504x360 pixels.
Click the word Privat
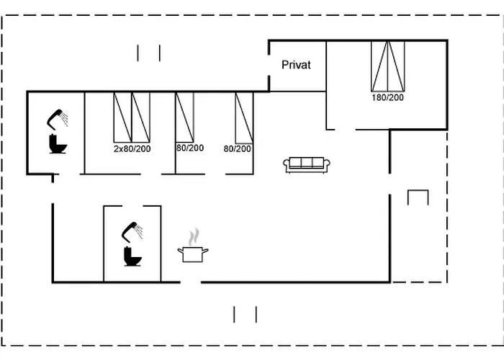296,65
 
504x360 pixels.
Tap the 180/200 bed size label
387,97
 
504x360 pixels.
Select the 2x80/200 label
132,148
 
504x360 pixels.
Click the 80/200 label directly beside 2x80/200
190,148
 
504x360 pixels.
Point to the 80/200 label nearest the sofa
237,148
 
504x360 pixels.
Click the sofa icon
307,165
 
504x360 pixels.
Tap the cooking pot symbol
193,254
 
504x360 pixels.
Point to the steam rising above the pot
193,237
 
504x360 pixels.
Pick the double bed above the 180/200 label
387,66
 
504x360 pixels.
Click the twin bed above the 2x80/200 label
132,117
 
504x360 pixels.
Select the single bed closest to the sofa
245,117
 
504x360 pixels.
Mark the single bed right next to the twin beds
185,117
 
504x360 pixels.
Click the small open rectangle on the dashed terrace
418,197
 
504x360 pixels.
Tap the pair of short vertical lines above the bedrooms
148,53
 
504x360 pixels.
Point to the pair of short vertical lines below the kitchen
245,314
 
